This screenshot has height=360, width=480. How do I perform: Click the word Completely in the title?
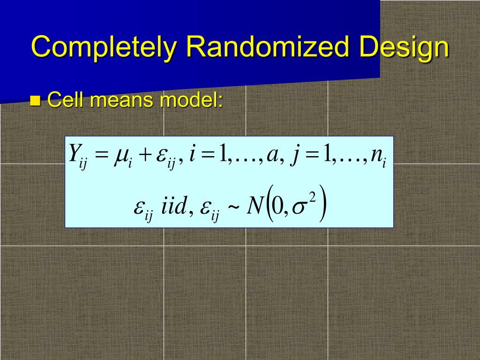pyautogui.click(x=104, y=47)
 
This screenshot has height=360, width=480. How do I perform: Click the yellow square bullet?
pyautogui.click(x=35, y=100)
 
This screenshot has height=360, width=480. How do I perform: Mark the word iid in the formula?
pyautogui.click(x=174, y=207)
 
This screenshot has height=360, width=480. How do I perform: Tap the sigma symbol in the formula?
pyautogui.click(x=299, y=209)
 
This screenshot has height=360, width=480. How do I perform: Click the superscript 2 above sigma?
pyautogui.click(x=312, y=199)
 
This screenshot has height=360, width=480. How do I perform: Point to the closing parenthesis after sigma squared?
pyautogui.click(x=322, y=206)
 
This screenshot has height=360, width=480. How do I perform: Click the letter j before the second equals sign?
pyautogui.click(x=294, y=156)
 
